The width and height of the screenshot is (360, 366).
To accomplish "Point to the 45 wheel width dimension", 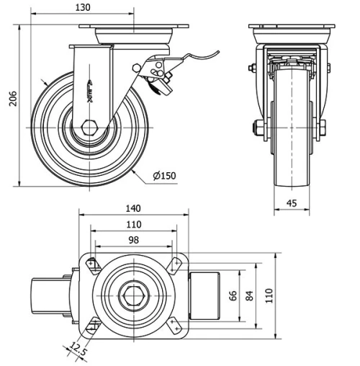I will pos(291,204).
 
